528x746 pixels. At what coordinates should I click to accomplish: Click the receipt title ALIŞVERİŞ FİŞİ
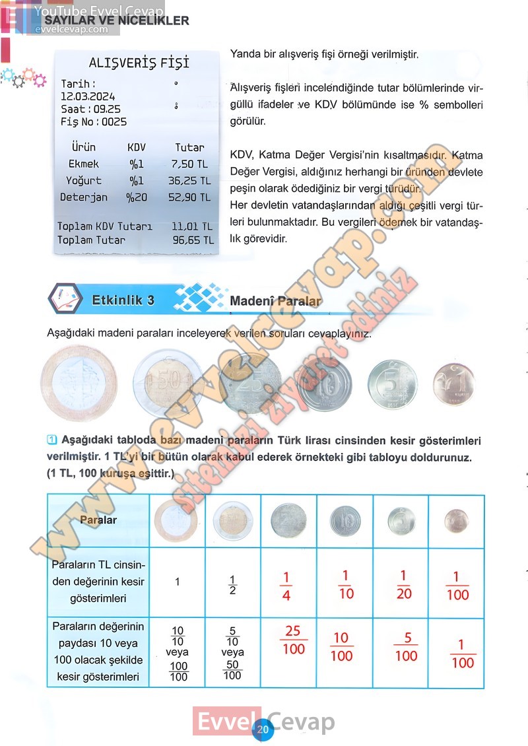(x=139, y=63)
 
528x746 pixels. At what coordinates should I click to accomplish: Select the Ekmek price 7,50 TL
(x=189, y=164)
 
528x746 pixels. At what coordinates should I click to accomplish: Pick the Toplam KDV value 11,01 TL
(x=192, y=226)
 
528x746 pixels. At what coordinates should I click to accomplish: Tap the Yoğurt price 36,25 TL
(x=189, y=180)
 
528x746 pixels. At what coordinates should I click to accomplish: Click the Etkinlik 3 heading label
(x=123, y=300)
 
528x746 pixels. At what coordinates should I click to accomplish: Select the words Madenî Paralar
(x=276, y=301)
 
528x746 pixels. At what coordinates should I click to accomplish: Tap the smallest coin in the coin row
(x=453, y=384)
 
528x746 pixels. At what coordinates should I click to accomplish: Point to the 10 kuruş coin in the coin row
(x=324, y=384)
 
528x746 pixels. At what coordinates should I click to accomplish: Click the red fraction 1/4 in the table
(x=286, y=586)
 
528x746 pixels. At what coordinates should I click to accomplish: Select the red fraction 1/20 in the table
(x=404, y=584)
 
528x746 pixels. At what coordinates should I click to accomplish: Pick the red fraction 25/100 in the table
(x=293, y=640)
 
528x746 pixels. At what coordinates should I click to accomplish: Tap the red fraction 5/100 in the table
(x=407, y=647)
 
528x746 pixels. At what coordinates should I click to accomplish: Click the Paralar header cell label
(x=98, y=520)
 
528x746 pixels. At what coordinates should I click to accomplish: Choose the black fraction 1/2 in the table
(x=232, y=584)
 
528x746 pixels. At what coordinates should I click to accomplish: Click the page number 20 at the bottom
(x=263, y=729)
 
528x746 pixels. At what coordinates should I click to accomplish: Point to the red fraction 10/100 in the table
(x=341, y=646)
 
